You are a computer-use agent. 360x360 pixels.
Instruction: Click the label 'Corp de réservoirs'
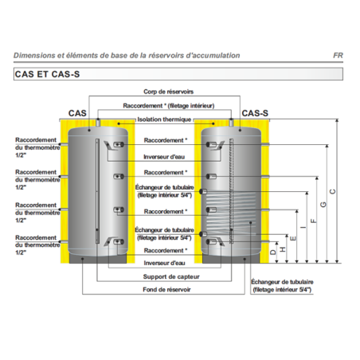168,92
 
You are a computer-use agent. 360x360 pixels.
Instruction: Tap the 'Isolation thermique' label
164,119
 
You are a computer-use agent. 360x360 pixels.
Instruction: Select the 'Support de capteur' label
171,276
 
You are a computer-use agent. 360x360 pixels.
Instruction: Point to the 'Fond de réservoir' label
166,289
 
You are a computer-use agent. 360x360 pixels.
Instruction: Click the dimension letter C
332,191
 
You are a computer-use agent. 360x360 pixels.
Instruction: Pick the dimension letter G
323,205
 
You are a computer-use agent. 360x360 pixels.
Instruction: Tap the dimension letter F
314,221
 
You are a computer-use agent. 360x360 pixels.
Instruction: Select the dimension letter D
273,252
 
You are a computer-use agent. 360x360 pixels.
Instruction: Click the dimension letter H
283,249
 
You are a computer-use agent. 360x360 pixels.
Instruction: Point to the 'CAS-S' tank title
255,113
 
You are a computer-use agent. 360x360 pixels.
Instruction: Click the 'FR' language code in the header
338,56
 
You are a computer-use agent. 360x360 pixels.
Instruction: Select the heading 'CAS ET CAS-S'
47,74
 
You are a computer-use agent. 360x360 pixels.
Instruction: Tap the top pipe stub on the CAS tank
98,123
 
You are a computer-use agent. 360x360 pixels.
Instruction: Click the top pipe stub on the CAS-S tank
231,123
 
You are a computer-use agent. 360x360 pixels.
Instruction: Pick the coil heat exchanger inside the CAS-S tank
232,213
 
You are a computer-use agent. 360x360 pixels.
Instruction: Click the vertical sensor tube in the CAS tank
97,191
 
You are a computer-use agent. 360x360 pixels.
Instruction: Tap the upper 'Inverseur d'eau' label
164,157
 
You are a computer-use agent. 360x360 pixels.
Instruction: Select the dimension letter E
293,238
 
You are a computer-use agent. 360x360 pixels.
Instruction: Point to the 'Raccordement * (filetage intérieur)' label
169,106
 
